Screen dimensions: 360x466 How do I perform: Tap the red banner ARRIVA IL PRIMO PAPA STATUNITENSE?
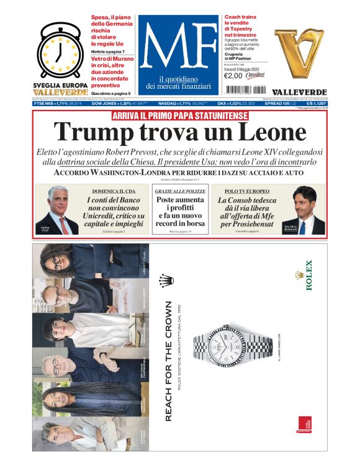click(179, 116)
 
